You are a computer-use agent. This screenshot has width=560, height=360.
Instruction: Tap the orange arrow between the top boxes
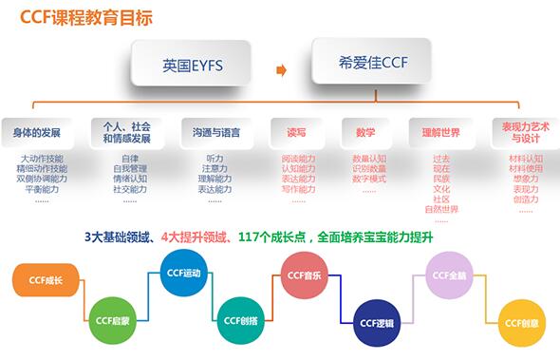pyautogui.click(x=281, y=69)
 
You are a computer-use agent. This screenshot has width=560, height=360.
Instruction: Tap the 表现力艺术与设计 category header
pyautogui.click(x=521, y=131)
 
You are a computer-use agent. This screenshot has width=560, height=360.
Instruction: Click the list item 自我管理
pyautogui.click(x=130, y=168)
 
